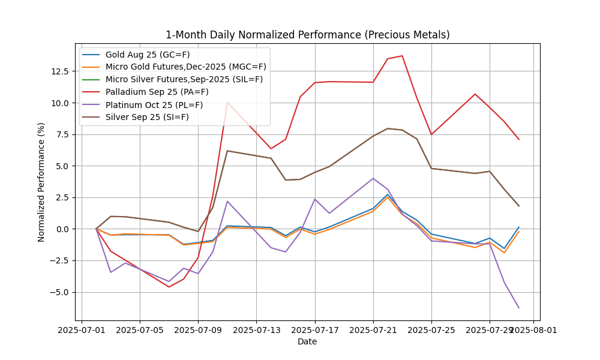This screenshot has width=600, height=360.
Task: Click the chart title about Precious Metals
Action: click(307, 35)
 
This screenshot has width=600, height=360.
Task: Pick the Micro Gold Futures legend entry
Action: click(185, 67)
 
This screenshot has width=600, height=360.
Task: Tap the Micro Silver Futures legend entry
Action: click(184, 79)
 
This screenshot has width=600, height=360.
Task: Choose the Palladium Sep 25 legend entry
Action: click(157, 92)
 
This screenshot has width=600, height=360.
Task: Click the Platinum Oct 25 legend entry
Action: click(154, 104)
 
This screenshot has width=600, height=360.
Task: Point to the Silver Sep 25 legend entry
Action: click(147, 117)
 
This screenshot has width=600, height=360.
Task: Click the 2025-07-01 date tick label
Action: click(82, 329)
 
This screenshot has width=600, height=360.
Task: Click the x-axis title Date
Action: click(307, 342)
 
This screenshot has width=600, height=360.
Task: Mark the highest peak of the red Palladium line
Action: click(402, 56)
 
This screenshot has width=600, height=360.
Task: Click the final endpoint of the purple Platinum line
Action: click(519, 308)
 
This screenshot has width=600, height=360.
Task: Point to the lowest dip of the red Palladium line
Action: click(169, 287)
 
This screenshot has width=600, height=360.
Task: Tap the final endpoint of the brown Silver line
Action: click(519, 206)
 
